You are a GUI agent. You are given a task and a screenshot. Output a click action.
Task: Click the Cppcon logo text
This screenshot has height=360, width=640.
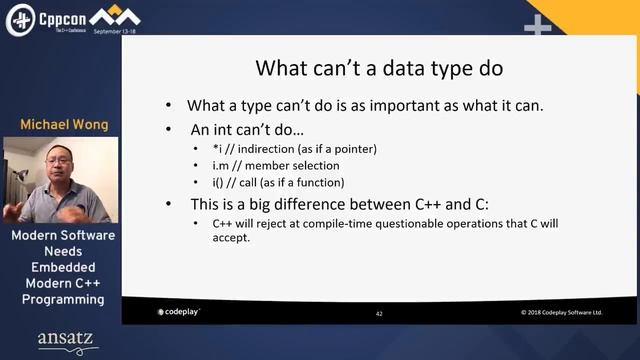click(x=63, y=17)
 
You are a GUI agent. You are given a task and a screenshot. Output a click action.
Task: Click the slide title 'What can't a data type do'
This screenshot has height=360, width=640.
click(x=378, y=68)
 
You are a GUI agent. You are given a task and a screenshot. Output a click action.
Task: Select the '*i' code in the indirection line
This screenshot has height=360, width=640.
click(x=217, y=149)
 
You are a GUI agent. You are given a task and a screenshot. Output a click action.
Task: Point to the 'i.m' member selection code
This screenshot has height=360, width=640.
click(x=220, y=166)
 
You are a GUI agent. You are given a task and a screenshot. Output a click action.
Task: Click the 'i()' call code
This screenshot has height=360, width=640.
click(x=218, y=183)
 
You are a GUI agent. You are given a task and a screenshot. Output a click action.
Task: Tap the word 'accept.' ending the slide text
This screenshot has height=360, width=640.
click(x=230, y=238)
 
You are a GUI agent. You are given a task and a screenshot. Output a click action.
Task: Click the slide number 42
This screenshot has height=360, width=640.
click(x=379, y=313)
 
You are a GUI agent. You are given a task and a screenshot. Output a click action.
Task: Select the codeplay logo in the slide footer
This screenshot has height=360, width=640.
click(x=179, y=312)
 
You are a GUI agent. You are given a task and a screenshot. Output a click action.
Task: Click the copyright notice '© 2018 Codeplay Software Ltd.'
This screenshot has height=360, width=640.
click(x=561, y=313)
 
